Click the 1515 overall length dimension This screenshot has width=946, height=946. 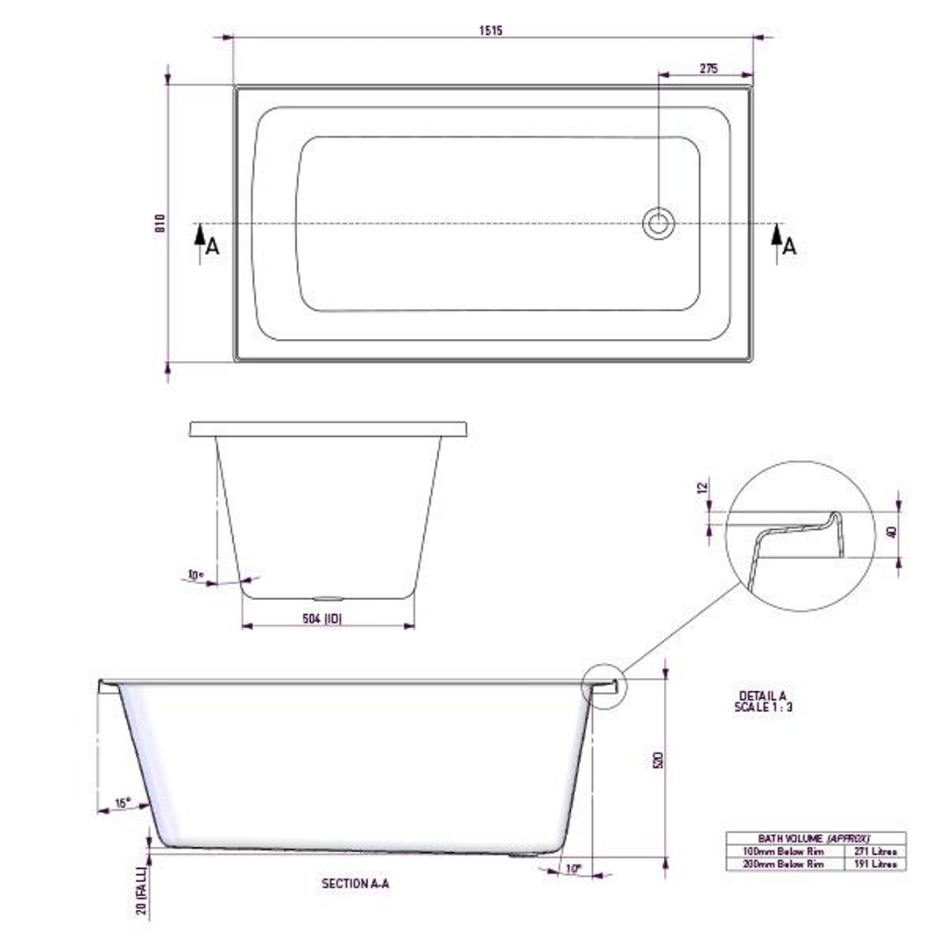coord(491,31)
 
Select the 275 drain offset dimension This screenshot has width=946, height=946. coord(709,68)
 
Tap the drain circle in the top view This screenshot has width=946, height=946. coord(658,223)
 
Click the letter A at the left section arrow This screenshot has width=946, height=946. coord(212,247)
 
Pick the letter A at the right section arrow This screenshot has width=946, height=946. coord(789,247)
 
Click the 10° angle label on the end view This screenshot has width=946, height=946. coord(195,575)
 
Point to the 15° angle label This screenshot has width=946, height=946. coord(122,802)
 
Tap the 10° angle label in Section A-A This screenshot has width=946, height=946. coord(574,868)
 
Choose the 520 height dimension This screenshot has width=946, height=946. coord(659,759)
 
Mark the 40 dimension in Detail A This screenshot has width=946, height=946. coord(893,533)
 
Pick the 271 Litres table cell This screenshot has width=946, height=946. coord(874,851)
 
